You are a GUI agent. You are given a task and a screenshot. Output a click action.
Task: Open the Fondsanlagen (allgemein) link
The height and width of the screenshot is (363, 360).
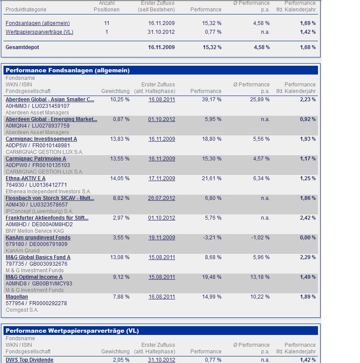tap(38, 23)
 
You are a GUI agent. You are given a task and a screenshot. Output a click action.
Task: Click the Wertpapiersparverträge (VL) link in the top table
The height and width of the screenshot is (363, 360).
tap(39, 32)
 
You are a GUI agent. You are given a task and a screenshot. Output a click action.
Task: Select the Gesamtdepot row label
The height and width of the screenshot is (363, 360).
tap(22, 47)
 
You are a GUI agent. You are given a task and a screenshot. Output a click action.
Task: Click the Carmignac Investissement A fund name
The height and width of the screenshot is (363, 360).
tap(41, 139)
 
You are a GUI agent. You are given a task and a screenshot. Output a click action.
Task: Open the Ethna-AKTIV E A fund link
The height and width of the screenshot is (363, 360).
tap(25, 178)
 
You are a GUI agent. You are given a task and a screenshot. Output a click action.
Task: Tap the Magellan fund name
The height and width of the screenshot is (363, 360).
tap(17, 297)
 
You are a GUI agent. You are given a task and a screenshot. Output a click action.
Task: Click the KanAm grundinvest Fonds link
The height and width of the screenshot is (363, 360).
tap(38, 238)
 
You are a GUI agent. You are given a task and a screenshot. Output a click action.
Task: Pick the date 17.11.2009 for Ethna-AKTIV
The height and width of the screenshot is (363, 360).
tap(162, 178)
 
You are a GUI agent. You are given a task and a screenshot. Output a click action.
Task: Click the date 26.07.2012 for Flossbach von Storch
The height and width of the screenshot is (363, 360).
tap(162, 198)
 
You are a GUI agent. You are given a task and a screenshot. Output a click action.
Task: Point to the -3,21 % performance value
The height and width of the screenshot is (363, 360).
tap(212, 238)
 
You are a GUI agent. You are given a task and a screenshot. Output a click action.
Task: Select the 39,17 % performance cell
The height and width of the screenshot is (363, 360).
tap(212, 100)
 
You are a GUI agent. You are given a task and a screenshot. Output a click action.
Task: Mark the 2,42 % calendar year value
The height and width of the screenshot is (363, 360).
tap(307, 218)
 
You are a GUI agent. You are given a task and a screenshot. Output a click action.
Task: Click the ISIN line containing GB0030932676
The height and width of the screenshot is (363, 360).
tap(37, 264)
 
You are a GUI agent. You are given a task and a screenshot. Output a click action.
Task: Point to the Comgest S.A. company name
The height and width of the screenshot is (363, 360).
tap(22, 310)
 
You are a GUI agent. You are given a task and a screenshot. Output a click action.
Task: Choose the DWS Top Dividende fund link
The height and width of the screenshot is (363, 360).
tap(29, 360)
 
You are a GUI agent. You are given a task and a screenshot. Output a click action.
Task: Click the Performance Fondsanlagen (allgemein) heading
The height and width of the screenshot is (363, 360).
tap(67, 70)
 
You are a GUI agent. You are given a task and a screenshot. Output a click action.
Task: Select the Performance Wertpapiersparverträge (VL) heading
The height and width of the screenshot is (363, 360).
tap(72, 331)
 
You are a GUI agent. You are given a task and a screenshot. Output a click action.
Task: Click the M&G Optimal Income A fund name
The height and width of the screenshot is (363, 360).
tap(34, 277)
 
